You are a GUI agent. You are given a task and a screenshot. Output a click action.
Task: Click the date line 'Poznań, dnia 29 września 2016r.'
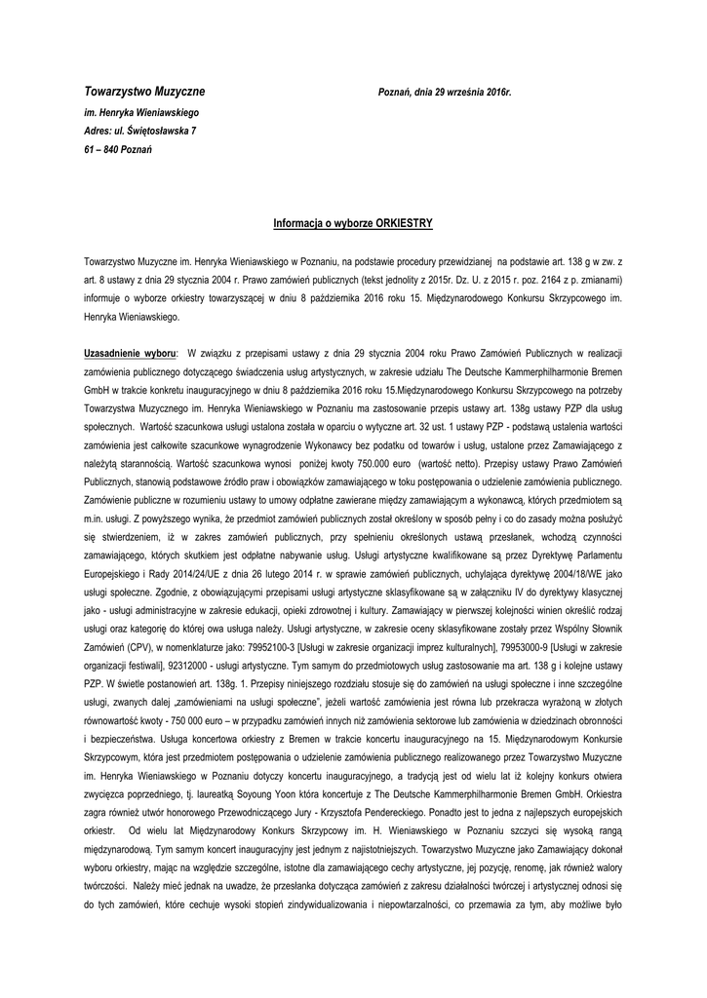tap(445, 92)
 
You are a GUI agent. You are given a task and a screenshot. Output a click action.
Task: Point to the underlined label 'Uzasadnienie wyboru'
tap(130, 351)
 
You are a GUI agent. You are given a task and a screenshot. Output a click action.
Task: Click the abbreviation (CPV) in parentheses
tap(140, 634)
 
